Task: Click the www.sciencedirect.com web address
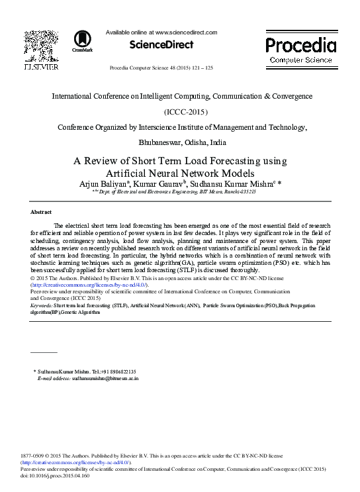coord(185,31)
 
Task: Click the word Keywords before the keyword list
coord(42,306)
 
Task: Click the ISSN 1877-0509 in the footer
coord(33,457)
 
